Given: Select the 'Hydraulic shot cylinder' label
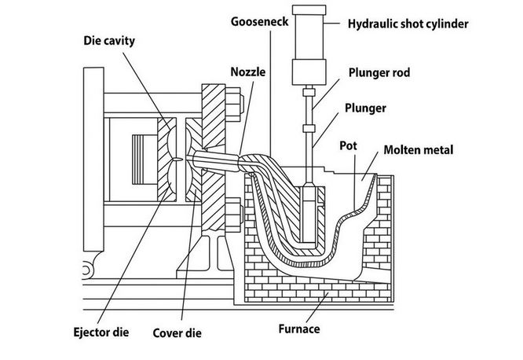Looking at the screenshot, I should (x=408, y=24).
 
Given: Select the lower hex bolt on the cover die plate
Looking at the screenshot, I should (x=235, y=212).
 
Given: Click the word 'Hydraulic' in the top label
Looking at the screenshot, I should (x=372, y=24).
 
